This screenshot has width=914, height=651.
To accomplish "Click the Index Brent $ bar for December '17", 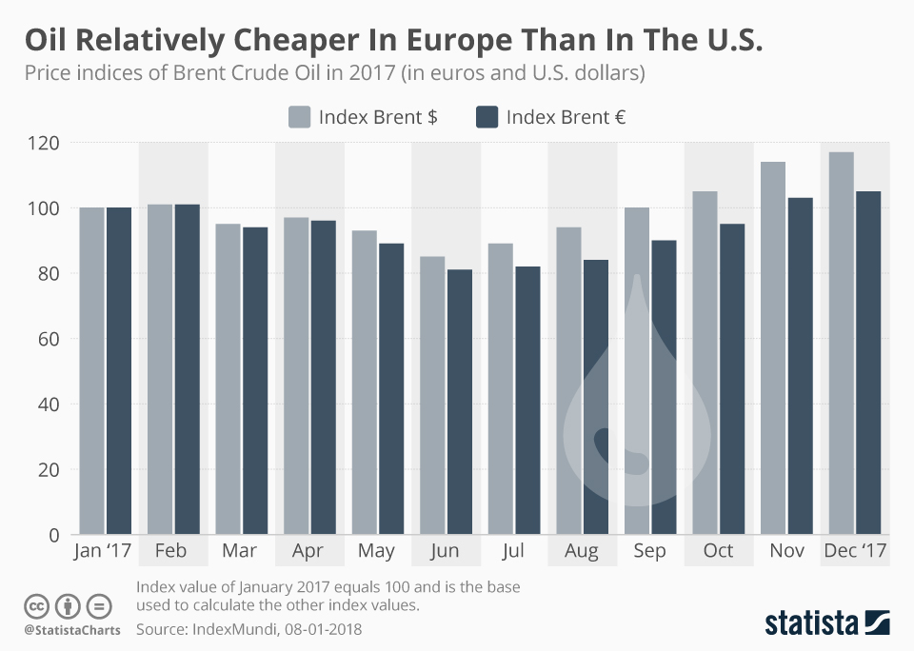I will [x=841, y=343].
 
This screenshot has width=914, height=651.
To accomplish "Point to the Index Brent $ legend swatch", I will [x=300, y=117].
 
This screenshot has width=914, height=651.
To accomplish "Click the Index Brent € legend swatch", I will [x=487, y=117].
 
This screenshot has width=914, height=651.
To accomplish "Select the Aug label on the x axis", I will [x=582, y=552].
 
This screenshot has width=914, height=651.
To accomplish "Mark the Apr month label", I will [x=308, y=552].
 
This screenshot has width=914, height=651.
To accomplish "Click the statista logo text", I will [x=811, y=623].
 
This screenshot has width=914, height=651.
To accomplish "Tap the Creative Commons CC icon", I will [x=37, y=605].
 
